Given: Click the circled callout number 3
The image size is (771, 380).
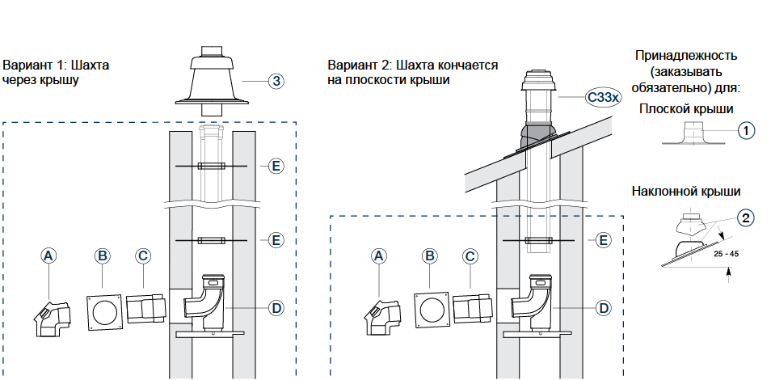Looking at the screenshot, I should pyautogui.click(x=276, y=81).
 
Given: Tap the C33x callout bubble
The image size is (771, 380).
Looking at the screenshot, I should pyautogui.click(x=602, y=98).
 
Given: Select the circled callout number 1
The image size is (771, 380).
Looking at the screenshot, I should pyautogui.click(x=746, y=129).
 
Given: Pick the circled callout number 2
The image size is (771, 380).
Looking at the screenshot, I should pyautogui.click(x=746, y=217).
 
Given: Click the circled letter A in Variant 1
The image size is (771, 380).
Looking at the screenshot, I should pyautogui.click(x=49, y=255).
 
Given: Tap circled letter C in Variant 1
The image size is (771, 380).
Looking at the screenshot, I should pyautogui.click(x=142, y=255).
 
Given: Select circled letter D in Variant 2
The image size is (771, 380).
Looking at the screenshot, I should pyautogui.click(x=602, y=307).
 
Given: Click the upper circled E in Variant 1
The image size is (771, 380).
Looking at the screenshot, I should pyautogui.click(x=276, y=166).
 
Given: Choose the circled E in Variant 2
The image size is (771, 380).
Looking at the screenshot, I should pyautogui.click(x=602, y=240).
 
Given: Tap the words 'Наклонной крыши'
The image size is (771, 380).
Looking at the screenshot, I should pyautogui.click(x=685, y=192).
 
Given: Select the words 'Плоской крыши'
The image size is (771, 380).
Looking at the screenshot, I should pyautogui.click(x=685, y=108).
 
